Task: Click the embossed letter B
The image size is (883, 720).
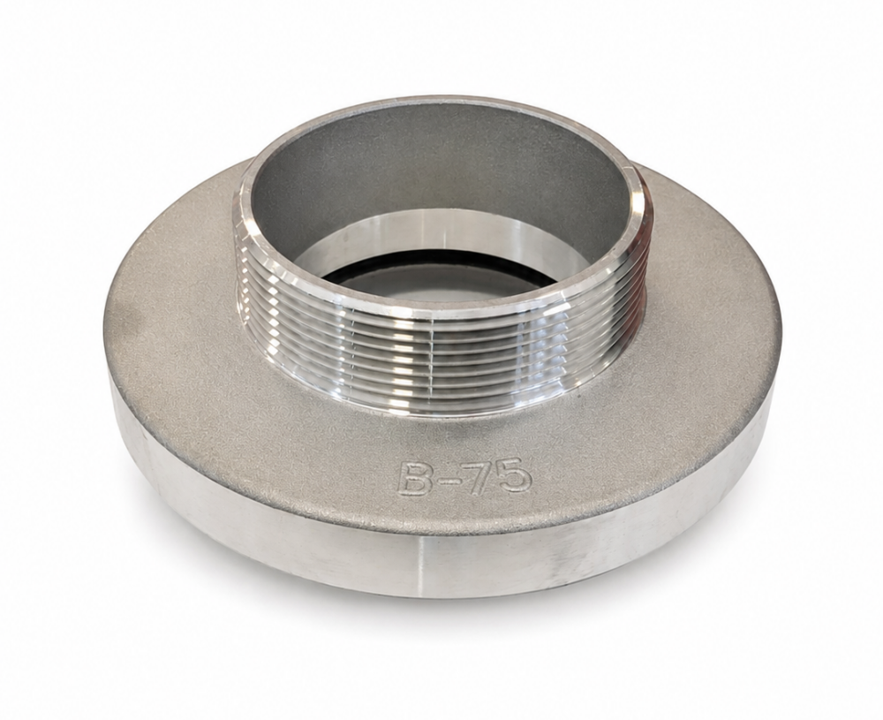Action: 416,479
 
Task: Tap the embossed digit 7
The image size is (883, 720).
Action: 477,478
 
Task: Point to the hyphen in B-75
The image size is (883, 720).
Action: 446,480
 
